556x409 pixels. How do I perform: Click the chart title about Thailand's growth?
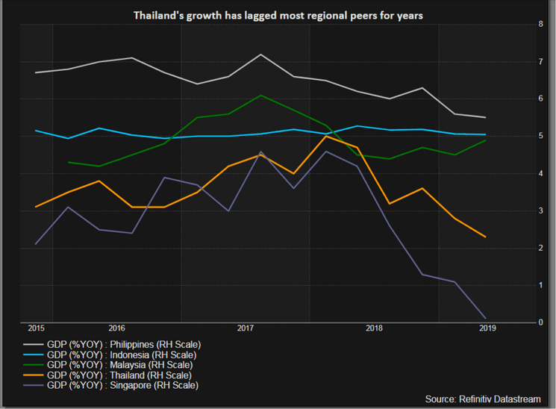pyautogui.click(x=278, y=14)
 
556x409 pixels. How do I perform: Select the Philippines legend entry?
pyautogui.click(x=123, y=344)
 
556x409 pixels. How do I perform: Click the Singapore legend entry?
pyautogui.click(x=122, y=386)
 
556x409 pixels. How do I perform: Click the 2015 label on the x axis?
pyautogui.click(x=36, y=328)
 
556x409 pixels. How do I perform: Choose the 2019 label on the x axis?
pyautogui.click(x=487, y=328)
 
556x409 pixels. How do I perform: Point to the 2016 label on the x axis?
pyautogui.click(x=116, y=328)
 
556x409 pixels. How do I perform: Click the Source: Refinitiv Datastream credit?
pyautogui.click(x=482, y=399)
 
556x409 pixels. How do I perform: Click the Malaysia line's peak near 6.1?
pyautogui.click(x=260, y=95)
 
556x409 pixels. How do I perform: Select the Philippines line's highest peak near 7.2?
pyautogui.click(x=260, y=54)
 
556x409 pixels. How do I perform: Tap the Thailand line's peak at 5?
pyautogui.click(x=325, y=136)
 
